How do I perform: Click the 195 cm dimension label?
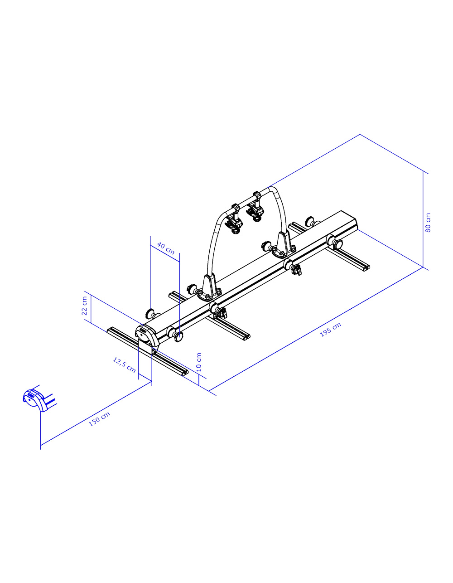pyautogui.click(x=331, y=330)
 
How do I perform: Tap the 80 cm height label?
pyautogui.click(x=428, y=223)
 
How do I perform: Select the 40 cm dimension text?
pyautogui.click(x=166, y=248)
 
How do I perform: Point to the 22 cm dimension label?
pyautogui.click(x=84, y=306)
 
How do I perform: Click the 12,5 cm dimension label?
pyautogui.click(x=124, y=364)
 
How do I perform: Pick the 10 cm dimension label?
pyautogui.click(x=199, y=362)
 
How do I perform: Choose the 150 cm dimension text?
pyautogui.click(x=99, y=419)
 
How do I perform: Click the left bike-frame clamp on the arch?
pyautogui.click(x=234, y=219)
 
